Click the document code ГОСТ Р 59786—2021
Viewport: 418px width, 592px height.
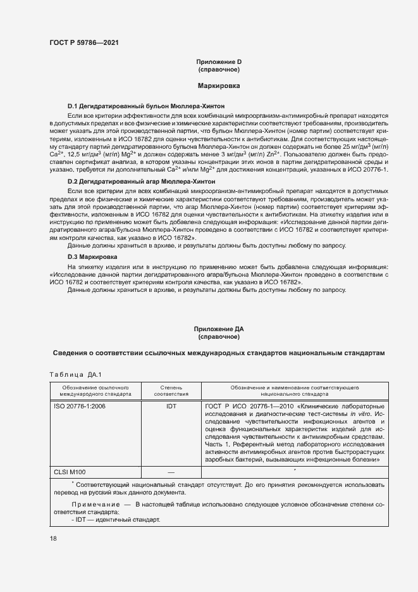tap(84, 42)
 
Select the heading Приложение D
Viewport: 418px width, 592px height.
tap(219, 61)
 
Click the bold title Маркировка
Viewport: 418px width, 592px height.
tap(219, 84)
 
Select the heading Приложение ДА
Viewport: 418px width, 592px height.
tap(219, 329)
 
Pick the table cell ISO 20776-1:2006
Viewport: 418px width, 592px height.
tap(79, 406)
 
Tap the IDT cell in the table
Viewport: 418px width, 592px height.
tap(171, 406)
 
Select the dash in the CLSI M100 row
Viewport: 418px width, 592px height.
tap(171, 472)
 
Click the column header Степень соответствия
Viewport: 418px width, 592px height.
tap(171, 389)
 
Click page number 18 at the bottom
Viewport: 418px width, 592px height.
tap(53, 538)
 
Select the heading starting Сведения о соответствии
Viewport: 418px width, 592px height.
tap(218, 352)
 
